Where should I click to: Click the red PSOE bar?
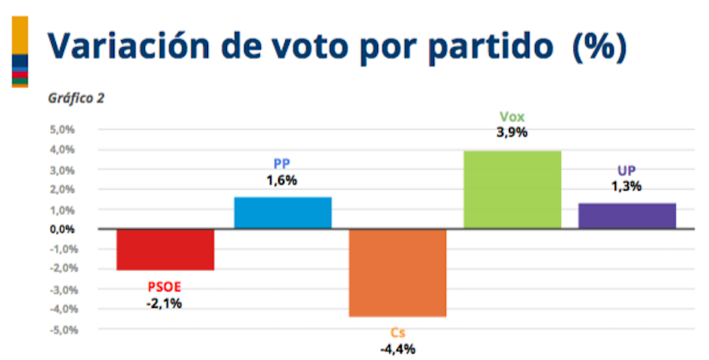pos(165,250)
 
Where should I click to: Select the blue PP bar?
pos(283,213)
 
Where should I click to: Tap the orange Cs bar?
pos(398,273)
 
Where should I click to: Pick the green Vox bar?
pos(512,190)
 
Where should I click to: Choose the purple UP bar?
pos(627,216)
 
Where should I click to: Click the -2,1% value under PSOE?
pos(164,302)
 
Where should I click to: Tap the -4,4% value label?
pos(398,348)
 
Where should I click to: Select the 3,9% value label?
pos(512,132)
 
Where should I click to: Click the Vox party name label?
pos(511,117)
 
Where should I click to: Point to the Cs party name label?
pos(398,332)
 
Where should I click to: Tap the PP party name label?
pos(282,165)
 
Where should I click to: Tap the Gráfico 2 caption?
pos(76,98)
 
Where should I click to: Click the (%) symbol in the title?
pos(599,47)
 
